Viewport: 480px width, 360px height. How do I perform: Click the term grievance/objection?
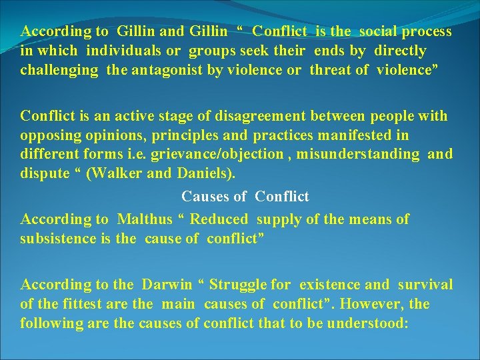click(227, 154)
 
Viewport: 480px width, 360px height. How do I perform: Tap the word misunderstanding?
click(359, 154)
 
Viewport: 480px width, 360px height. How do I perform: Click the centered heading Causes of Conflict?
click(245, 197)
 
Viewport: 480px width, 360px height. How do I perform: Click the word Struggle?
click(239, 285)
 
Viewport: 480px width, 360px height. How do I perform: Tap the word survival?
click(425, 285)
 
